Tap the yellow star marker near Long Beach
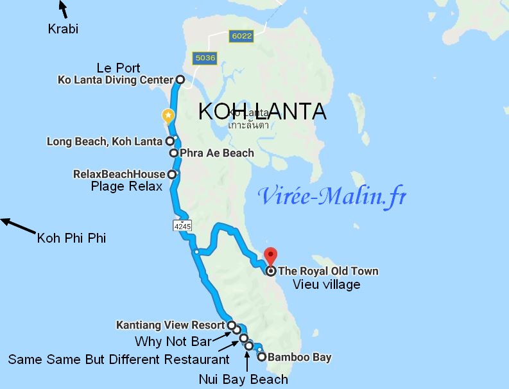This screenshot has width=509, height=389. click(x=168, y=116)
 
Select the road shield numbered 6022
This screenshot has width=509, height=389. click(x=241, y=37)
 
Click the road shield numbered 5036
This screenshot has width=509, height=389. click(x=205, y=58)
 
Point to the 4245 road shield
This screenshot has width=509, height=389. click(x=182, y=226)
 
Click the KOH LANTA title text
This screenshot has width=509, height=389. click(x=262, y=111)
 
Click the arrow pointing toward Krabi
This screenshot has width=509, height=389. click(x=62, y=9)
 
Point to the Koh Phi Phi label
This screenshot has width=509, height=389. click(x=71, y=238)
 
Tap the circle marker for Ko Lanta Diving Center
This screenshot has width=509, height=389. click(x=180, y=80)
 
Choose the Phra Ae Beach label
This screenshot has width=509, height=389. click(x=217, y=153)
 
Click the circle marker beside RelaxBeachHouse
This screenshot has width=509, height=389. click(x=172, y=174)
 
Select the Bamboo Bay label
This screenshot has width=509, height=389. click(x=300, y=357)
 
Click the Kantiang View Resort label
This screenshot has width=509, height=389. click(x=171, y=325)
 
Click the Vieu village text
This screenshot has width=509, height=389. click(x=326, y=284)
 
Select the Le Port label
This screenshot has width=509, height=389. click(x=118, y=67)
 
